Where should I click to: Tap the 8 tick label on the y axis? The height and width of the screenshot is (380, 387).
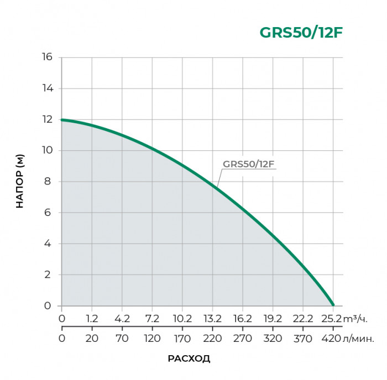click(x=50, y=182)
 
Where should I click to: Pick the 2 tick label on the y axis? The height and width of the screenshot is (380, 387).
click(x=50, y=275)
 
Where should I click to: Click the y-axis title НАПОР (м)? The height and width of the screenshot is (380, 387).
click(x=20, y=182)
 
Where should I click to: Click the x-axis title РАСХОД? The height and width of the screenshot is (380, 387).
click(x=189, y=358)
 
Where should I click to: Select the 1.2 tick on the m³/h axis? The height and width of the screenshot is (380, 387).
click(x=92, y=319)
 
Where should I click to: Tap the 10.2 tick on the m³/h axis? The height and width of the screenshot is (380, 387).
click(x=182, y=319)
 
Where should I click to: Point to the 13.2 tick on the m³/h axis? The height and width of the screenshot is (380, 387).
click(x=212, y=319)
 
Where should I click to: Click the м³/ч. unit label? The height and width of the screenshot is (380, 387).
click(x=355, y=319)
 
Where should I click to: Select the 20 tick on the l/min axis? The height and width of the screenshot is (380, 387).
click(x=92, y=338)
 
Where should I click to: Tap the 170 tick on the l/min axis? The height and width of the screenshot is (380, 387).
click(x=182, y=338)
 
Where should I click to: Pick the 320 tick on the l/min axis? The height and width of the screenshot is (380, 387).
click(x=273, y=338)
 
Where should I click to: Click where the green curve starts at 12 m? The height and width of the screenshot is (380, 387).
click(x=62, y=120)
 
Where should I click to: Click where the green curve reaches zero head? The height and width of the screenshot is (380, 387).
click(x=333, y=305)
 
